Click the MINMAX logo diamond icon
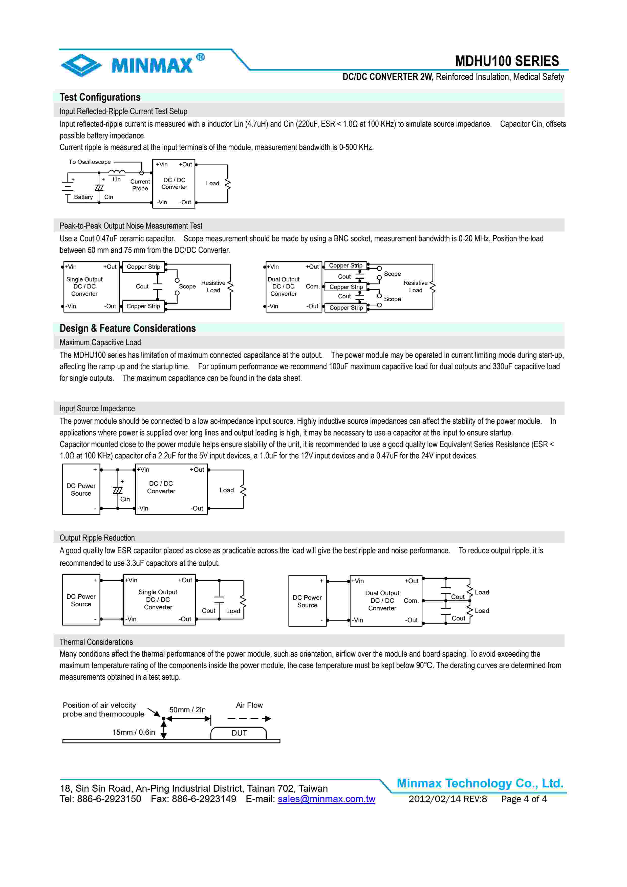81,64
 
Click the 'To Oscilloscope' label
90,162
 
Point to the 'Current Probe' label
140,185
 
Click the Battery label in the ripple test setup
83,197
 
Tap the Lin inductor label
117,180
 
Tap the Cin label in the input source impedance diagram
125,499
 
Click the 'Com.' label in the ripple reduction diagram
411,601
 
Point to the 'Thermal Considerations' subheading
96,642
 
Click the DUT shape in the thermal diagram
239,733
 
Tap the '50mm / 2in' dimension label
187,710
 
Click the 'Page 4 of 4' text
524,799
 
